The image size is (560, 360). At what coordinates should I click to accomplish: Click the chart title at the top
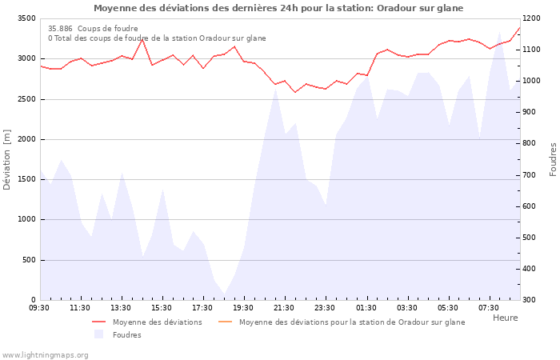278,8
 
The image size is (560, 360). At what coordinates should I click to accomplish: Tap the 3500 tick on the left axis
26,18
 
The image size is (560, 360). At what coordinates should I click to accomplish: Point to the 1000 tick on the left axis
26,219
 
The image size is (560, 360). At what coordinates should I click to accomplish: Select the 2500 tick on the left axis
26,99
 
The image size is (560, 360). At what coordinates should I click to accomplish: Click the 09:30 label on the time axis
39,308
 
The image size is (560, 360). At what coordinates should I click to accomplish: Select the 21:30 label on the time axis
284,308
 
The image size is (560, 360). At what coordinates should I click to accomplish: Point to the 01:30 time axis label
366,308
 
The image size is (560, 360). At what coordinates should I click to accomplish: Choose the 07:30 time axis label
488,308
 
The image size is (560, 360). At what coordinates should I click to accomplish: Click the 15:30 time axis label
162,308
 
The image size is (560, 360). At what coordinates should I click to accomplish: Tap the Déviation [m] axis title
7,160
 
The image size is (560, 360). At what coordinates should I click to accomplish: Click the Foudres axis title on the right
553,159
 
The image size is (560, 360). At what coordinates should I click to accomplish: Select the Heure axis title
505,318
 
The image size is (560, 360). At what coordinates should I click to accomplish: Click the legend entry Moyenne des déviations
157,322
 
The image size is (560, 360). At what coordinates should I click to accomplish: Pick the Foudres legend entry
126,335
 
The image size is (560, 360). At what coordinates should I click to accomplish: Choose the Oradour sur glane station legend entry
351,322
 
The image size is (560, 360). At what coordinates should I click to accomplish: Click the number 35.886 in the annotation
60,28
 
